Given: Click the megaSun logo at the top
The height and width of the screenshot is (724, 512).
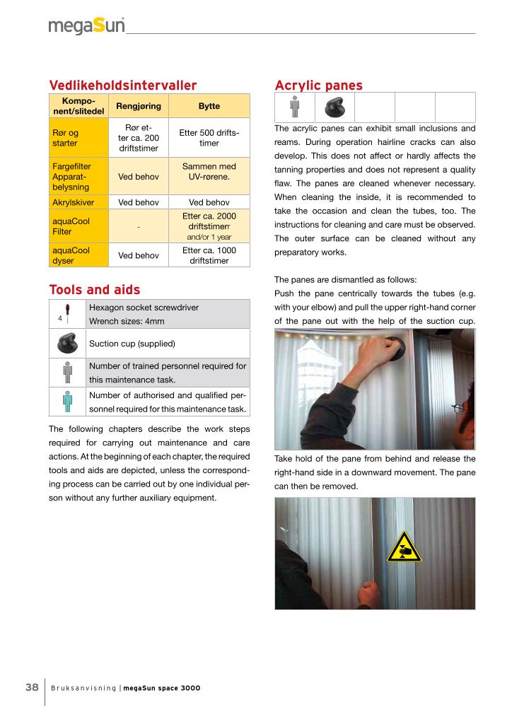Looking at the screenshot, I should point(86,26).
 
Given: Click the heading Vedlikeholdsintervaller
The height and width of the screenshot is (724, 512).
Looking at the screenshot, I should point(122,86).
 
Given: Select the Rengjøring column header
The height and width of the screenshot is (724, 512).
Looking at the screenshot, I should point(139,106).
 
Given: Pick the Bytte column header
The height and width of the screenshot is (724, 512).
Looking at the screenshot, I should point(209,106).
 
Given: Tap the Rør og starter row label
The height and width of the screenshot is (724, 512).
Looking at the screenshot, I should point(65,138).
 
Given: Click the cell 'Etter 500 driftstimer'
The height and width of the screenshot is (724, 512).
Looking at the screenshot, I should point(209,138).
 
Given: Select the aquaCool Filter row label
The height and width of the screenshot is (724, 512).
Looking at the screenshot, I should point(71,226).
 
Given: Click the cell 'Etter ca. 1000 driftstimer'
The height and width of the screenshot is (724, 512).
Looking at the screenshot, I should point(209,255).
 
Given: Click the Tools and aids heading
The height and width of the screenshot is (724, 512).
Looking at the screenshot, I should point(94,289).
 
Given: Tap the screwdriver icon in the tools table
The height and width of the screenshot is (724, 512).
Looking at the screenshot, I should point(67,312).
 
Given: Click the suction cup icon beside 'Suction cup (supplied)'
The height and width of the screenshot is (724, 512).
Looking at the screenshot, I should point(67,344).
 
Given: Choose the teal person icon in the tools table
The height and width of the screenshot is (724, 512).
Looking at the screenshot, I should point(67,401).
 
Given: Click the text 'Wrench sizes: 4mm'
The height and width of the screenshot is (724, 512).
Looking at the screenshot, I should point(127,321).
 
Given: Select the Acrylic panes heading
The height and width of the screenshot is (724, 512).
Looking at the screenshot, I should point(318,86).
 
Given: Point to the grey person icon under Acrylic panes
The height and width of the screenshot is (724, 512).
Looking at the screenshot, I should point(295,107).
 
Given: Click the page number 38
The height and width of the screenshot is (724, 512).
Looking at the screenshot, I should point(32,687).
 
